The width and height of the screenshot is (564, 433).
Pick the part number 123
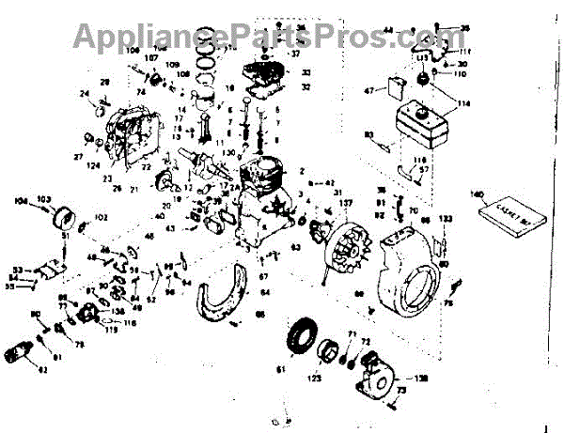coord(315,379)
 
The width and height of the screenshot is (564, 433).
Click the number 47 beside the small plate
coord(370,91)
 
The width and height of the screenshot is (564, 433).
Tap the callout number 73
coord(402,391)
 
